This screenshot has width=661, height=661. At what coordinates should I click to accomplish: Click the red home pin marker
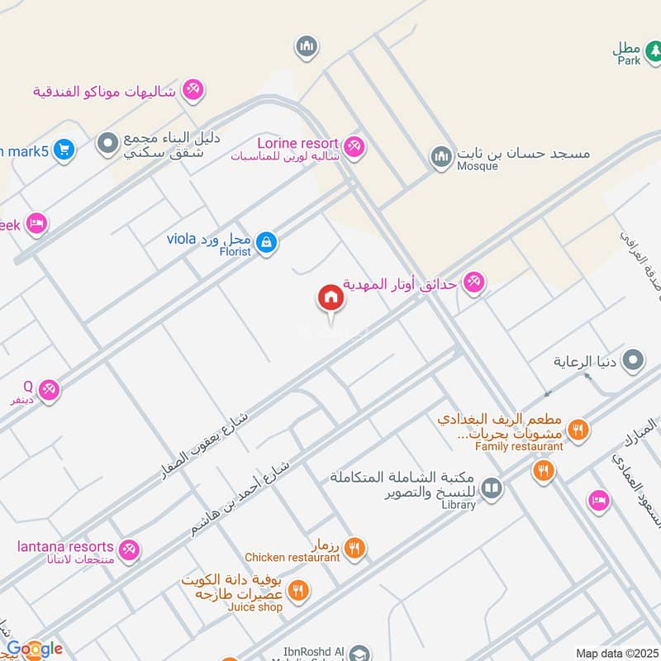pyautogui.click(x=330, y=298)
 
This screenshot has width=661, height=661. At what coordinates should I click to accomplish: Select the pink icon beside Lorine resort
pyautogui.click(x=354, y=145)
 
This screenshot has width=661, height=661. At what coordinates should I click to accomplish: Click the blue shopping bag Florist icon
pyautogui.click(x=266, y=242)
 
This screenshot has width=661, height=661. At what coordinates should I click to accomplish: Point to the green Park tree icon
pyautogui.click(x=653, y=51)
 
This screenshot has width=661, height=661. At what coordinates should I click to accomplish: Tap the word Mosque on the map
pyautogui.click(x=478, y=166)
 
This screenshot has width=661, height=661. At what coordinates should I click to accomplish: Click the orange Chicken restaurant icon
pyautogui.click(x=354, y=547)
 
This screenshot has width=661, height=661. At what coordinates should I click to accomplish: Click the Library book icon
pyautogui.click(x=492, y=489)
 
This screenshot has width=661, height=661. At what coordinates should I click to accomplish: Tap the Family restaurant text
pyautogui.click(x=519, y=447)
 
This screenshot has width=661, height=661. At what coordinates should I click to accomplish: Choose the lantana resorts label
pyautogui.click(x=65, y=547)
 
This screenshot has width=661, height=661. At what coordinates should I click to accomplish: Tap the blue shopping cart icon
pyautogui.click(x=63, y=150)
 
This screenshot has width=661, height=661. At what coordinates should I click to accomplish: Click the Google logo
pyautogui.click(x=35, y=649)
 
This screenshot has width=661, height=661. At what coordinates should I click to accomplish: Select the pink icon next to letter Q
pyautogui.click(x=49, y=389)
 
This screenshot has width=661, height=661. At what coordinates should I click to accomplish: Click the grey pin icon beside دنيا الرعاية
pyautogui.click(x=634, y=360)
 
